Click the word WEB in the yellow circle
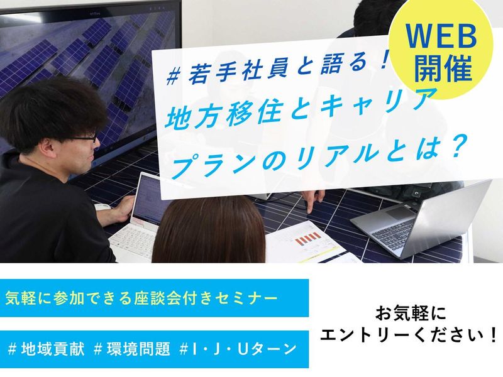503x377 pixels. pos(445,40)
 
